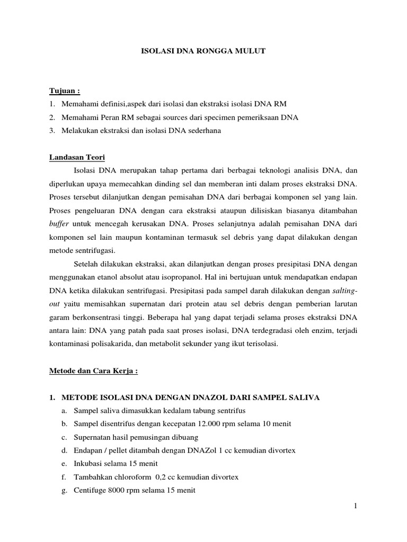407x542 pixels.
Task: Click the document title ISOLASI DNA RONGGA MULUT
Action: (x=203, y=51)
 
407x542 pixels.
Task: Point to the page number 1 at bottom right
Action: (x=356, y=507)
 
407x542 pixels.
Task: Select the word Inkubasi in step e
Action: (x=87, y=464)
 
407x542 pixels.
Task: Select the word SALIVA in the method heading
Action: (x=303, y=398)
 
